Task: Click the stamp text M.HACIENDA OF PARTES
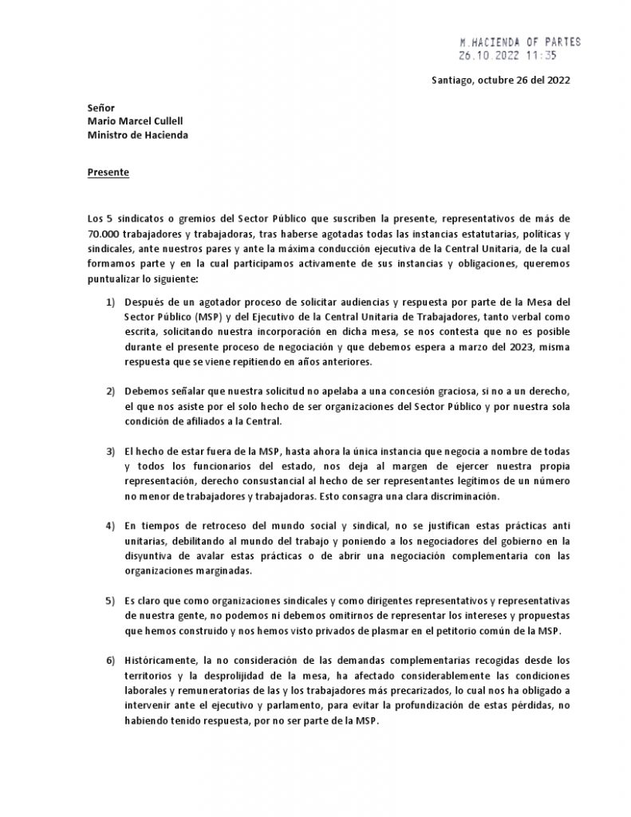(520, 41)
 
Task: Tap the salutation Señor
(101, 108)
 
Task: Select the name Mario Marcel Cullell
(136, 121)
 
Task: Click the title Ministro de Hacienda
(137, 135)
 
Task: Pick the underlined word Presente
(108, 172)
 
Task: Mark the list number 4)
(110, 527)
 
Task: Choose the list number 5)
(110, 599)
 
